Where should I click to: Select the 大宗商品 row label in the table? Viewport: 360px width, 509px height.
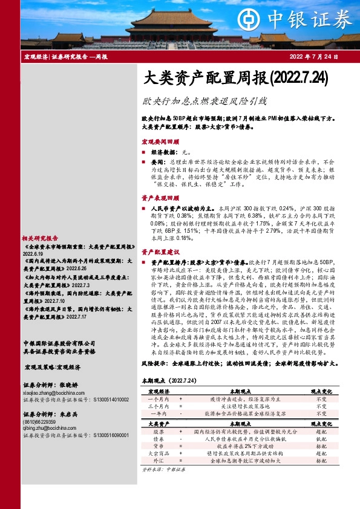tap(159, 469)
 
